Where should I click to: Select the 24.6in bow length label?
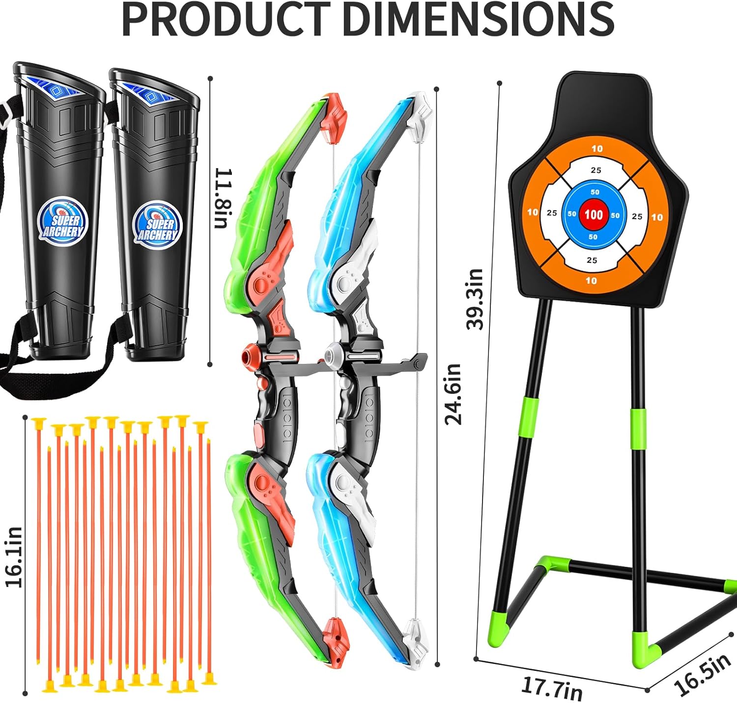tap(453, 393)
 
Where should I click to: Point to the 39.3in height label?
tap(475, 299)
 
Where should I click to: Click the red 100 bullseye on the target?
tap(594, 214)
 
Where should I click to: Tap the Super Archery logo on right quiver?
tap(157, 224)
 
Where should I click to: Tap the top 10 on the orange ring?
tap(596, 148)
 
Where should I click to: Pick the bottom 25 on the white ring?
tap(592, 260)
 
